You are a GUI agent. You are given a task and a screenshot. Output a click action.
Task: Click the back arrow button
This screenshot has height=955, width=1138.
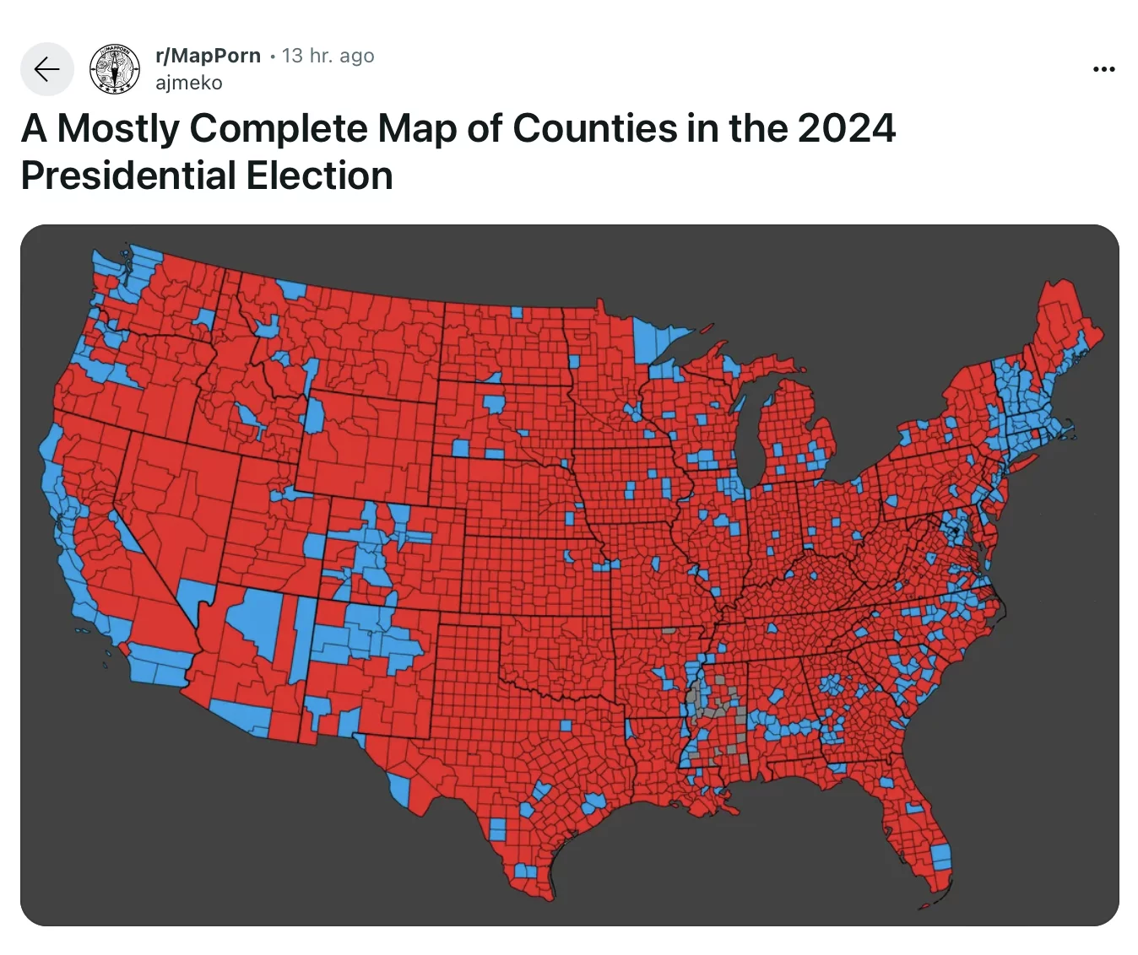47,69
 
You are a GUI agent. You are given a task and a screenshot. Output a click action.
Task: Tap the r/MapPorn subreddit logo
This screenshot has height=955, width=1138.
115,69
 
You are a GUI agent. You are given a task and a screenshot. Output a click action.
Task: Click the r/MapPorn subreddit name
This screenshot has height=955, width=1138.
209,56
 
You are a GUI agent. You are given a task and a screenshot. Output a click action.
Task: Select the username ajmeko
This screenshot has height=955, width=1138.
189,83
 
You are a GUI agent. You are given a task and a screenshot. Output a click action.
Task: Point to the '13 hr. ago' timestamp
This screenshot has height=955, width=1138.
328,56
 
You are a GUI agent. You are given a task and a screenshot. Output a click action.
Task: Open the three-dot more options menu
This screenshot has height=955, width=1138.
1103,69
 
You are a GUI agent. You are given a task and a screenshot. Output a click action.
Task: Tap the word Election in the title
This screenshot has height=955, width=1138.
319,176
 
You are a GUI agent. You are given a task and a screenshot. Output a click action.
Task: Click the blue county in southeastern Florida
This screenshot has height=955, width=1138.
940,857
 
